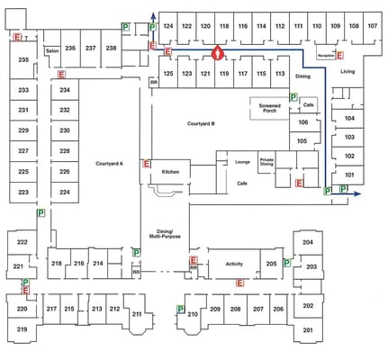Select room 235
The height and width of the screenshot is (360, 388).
(23, 60)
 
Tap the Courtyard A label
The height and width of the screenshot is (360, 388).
(109, 164)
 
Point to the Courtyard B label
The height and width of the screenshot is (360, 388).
(201, 123)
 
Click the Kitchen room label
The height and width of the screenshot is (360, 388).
(170, 171)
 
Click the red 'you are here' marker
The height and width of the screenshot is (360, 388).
(216, 53)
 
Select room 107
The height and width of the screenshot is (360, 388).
(372, 27)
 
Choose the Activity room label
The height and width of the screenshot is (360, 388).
(234, 264)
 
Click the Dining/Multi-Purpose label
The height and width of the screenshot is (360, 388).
(165, 234)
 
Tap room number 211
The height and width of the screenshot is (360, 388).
(137, 314)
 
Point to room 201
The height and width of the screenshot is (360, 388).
(308, 330)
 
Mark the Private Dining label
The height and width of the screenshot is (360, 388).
(266, 162)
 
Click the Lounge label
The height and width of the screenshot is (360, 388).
(242, 161)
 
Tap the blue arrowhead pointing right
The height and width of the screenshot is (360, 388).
(358, 193)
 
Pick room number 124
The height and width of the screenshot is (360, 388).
(167, 27)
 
